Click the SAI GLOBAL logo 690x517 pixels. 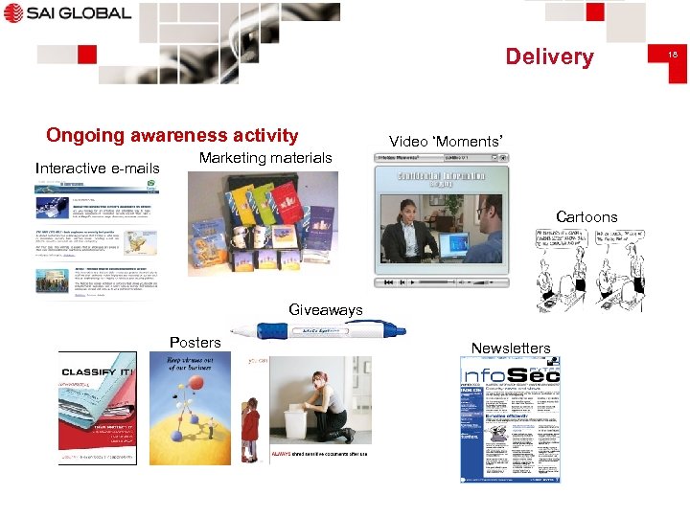(x=66, y=13)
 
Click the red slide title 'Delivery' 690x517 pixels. (x=549, y=56)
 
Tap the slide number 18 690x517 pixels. (x=673, y=57)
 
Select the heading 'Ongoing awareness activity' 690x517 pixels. (x=172, y=136)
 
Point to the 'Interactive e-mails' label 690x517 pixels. (x=98, y=169)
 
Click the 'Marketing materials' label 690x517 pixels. (x=265, y=158)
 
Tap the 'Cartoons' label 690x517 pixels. (x=586, y=216)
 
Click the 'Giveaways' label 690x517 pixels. (x=326, y=309)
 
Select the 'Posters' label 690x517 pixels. (x=195, y=342)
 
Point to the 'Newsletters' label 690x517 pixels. (x=511, y=348)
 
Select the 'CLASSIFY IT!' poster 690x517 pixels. (x=98, y=408)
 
